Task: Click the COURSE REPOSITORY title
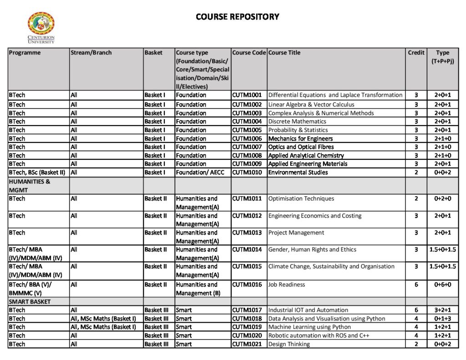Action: [x=237, y=17]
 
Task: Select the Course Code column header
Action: [x=249, y=53]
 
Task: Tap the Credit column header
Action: [x=416, y=53]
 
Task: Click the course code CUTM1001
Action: [x=247, y=95]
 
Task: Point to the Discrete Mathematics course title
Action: [x=297, y=122]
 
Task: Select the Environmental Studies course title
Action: [x=298, y=172]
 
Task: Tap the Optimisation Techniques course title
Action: [x=301, y=198]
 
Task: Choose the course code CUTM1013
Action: [x=247, y=233]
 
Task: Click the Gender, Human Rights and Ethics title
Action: [x=312, y=249]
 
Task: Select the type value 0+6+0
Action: [x=442, y=284]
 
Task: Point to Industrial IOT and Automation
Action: [x=308, y=310]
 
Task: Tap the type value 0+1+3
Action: [x=442, y=319]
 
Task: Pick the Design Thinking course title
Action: [x=289, y=344]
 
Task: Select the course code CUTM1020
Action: [x=247, y=335]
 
